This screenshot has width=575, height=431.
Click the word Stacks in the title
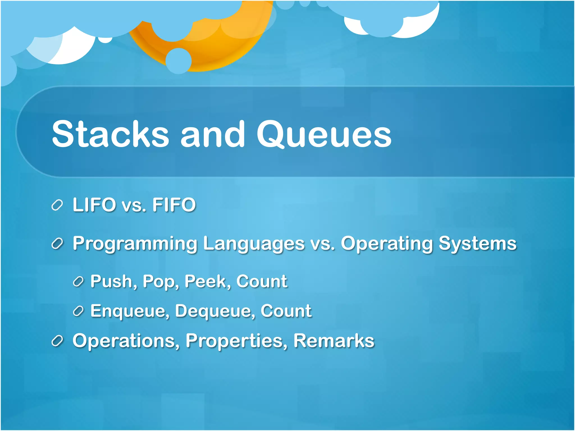pyautogui.click(x=110, y=134)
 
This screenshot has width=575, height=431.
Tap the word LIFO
pyautogui.click(x=94, y=205)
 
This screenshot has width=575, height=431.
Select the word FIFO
pyautogui.click(x=174, y=205)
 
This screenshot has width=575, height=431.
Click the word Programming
pyautogui.click(x=135, y=244)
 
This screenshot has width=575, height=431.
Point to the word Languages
pyautogui.click(x=254, y=244)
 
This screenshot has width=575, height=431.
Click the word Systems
pyautogui.click(x=477, y=244)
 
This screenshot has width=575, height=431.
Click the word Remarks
pyautogui.click(x=334, y=341)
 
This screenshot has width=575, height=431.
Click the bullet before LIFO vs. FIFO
pyautogui.click(x=57, y=205)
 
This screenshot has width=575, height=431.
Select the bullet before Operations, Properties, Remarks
pyautogui.click(x=57, y=341)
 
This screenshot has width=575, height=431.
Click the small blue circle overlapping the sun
pyautogui.click(x=178, y=61)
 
